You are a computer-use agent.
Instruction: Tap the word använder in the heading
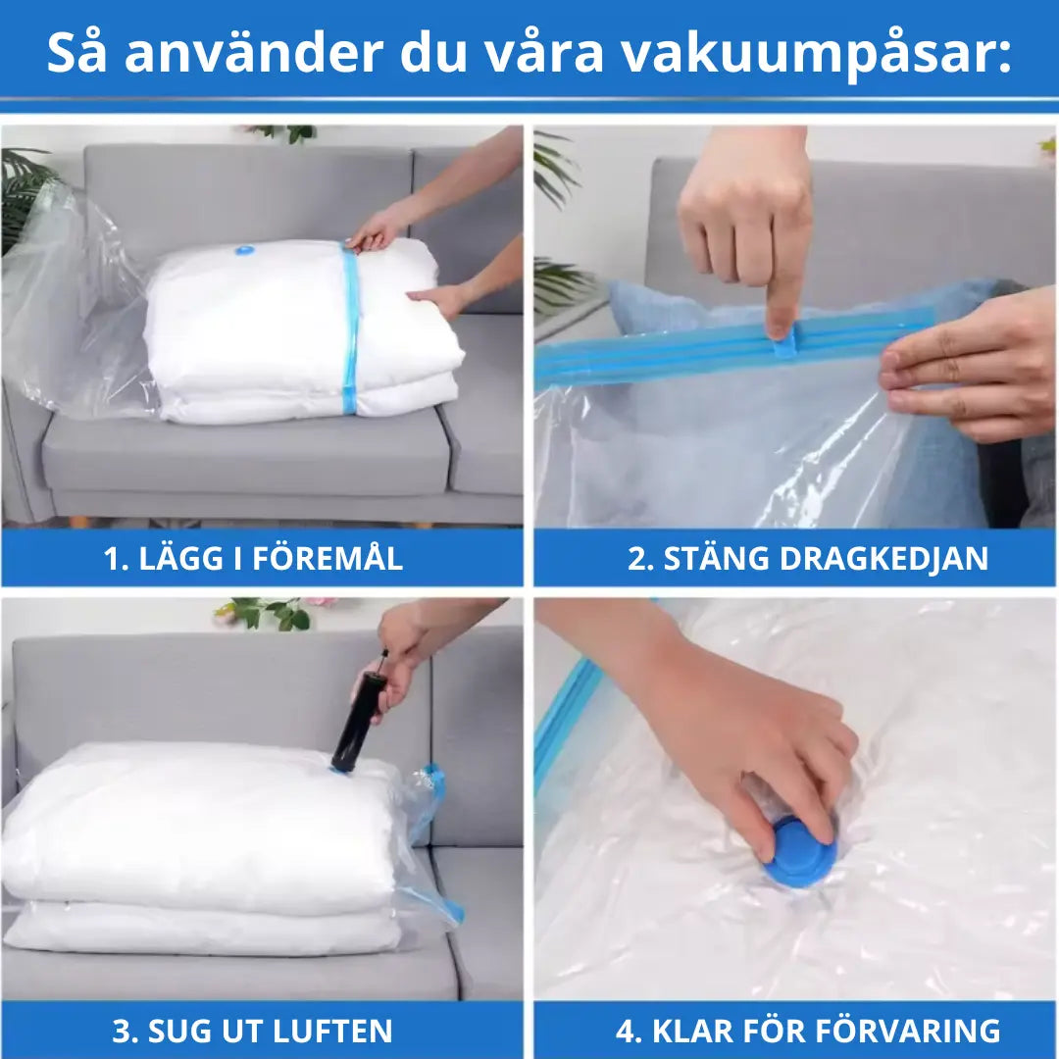254,53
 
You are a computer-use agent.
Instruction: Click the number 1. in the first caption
116,559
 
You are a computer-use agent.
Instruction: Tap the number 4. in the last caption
629,1032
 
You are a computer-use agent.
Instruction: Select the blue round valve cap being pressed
800,850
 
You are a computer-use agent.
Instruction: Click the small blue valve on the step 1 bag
244,251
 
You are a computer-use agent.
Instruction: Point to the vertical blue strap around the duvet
350,329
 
